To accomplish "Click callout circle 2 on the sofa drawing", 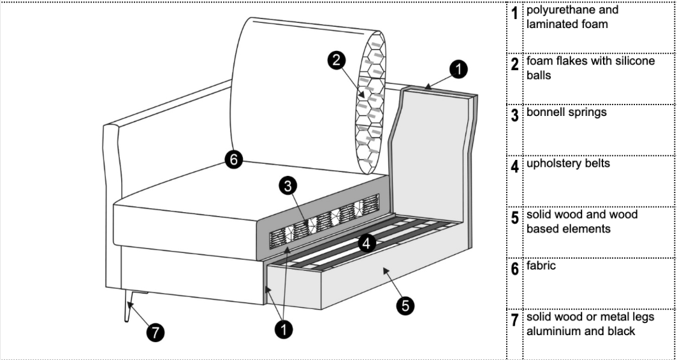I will [x=337, y=60].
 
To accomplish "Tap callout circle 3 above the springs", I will [x=289, y=186].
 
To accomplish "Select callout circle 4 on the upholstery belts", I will [x=365, y=242].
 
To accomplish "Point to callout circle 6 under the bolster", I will [x=234, y=161].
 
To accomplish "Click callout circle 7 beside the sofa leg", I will [x=155, y=331].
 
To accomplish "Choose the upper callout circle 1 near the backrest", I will [x=458, y=69].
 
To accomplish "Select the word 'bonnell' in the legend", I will [x=547, y=112].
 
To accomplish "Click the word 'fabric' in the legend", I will [x=541, y=265].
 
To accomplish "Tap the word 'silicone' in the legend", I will [x=634, y=61].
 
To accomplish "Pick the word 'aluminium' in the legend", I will [x=552, y=331].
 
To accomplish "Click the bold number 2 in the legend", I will [x=515, y=64].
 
